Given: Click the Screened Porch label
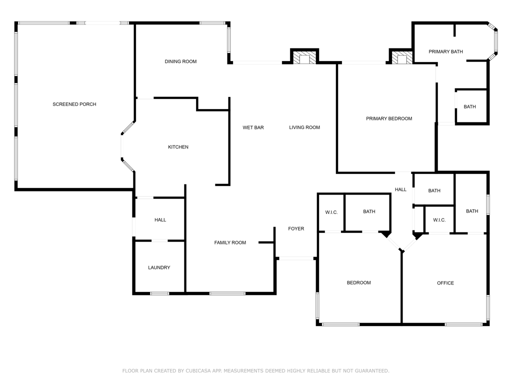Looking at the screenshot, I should coord(74,104).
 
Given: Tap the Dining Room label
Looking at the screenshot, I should coord(180,61).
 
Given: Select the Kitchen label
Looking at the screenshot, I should coord(178,147).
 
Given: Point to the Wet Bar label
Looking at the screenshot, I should coord(253,127).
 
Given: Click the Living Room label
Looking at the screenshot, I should coord(304,127).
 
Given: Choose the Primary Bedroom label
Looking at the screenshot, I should coord(389,118).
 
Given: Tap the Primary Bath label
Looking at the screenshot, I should coord(445,51).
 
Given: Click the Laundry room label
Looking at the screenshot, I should coord(159,267).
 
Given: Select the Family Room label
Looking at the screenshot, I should coord(230,242).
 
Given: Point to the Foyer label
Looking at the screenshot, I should coord(296,228).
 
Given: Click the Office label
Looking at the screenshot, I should coord(445,283).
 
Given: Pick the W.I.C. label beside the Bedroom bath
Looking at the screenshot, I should coord(331,212).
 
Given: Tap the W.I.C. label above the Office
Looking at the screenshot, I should coord(439,220).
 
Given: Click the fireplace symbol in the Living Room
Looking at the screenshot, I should coord(304,58).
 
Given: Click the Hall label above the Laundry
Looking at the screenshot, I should coord(160,220).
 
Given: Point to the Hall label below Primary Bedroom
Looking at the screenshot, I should coord(400,189).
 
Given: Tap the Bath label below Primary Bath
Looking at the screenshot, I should coord(469,106).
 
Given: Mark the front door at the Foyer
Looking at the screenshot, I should coord(295,258).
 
